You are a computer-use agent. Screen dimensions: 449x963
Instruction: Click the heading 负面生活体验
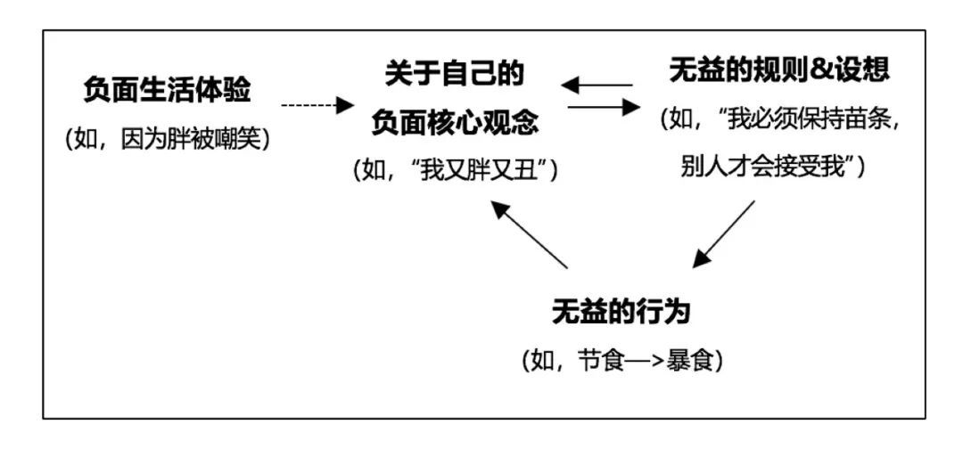coord(167,91)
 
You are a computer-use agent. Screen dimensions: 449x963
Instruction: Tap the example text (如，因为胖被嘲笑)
coord(167,140)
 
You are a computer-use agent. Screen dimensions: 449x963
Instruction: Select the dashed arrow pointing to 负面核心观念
coord(317,106)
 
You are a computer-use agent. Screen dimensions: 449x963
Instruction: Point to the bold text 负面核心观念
coord(455,122)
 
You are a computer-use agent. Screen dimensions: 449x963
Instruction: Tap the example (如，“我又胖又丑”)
coord(455,170)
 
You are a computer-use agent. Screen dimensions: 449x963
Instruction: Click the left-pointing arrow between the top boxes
coord(597,86)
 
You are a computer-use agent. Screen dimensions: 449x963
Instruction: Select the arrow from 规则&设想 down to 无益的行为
coord(723,233)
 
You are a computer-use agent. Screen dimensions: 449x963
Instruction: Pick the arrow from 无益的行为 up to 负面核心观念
coord(530,233)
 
